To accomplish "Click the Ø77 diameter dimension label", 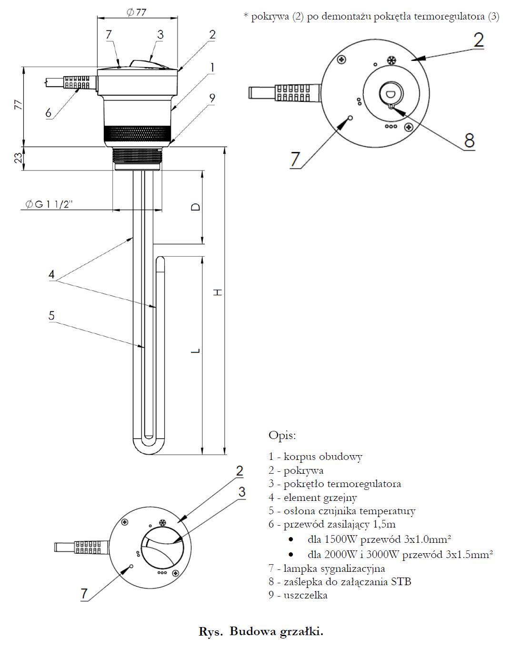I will coord(137,12).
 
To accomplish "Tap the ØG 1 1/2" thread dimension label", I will coord(49,204).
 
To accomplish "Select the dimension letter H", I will coord(218,292).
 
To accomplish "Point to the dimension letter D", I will coord(196,207).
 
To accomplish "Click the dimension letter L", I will coord(195,351).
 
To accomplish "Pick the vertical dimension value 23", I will coord(18,158).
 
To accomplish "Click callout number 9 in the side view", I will coord(212,98).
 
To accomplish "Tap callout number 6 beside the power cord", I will coord(48,113).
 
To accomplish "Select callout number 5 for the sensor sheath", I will coord(51,316).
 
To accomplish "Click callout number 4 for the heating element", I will coord(51,274).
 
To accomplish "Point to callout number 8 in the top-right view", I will coord(469,140).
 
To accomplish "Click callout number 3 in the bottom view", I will coord(242,492).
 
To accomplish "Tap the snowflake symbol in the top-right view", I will coord(391,61).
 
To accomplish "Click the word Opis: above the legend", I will coord(282,435).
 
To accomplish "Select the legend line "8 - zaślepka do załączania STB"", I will coord(339,581).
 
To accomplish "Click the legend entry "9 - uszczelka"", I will coord(298,595).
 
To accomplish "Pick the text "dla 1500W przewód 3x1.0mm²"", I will coord(379,539).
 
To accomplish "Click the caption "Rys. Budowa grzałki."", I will coord(261,631).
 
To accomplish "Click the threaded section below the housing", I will coord(137,155).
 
